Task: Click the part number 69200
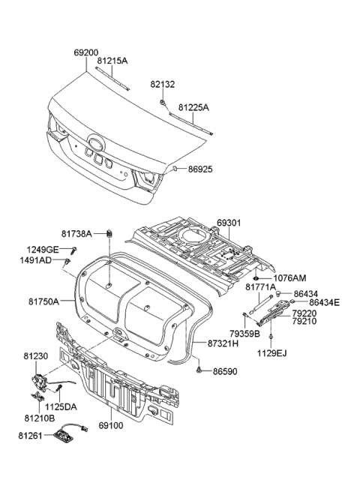click(x=86, y=54)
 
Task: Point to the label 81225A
click(x=193, y=108)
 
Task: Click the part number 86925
click(x=198, y=170)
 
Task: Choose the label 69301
click(x=232, y=223)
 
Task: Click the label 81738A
click(x=76, y=234)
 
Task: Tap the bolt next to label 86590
click(x=198, y=370)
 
